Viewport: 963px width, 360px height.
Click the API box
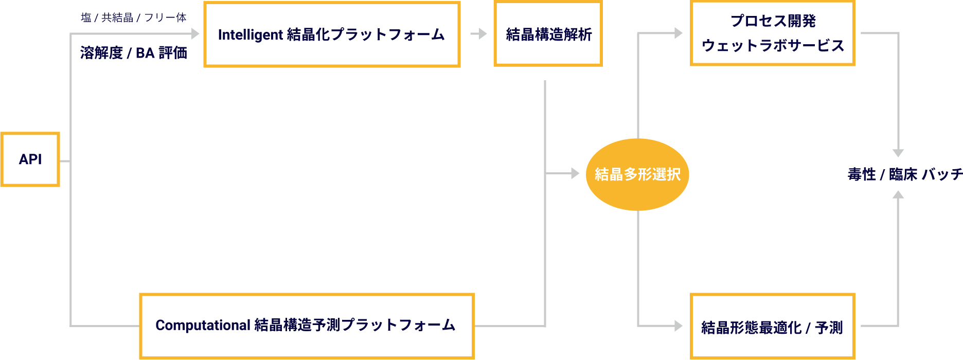30,159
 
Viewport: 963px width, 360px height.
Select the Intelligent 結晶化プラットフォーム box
332,34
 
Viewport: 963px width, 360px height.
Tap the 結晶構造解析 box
548,34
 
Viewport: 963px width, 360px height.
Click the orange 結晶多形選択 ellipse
637,174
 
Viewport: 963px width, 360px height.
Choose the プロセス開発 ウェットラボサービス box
772,33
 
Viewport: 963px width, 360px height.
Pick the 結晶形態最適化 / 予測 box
772,327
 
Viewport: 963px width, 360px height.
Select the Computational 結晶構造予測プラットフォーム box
306,326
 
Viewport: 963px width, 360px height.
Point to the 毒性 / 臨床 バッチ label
905,175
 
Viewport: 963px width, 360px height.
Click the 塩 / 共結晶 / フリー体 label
133,17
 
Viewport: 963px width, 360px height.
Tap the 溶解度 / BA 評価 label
133,52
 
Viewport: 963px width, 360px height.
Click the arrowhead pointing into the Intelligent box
195,34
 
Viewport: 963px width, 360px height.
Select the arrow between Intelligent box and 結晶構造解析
479,34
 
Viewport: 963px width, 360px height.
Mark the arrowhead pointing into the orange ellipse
575,174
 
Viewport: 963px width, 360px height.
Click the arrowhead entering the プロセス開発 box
678,33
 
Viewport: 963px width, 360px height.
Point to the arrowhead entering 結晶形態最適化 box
678,326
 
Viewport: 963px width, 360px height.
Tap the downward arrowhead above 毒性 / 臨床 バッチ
898,153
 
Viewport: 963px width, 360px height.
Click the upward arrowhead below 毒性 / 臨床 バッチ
898,195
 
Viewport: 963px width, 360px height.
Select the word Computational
203,326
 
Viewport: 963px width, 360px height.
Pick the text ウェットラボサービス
773,46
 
